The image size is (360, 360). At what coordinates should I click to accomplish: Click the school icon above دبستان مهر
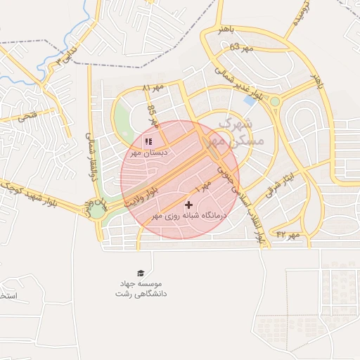coord(148,141)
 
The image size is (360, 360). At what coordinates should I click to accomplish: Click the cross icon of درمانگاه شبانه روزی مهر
coord(188,205)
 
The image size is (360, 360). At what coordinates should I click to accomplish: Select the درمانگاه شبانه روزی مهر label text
coord(188,216)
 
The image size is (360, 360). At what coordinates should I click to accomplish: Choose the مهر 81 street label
coord(152,89)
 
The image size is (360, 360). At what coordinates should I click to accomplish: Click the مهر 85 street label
coord(152,117)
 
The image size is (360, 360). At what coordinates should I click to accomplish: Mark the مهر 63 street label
coord(240,47)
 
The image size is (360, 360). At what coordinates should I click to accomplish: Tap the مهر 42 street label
coord(288,233)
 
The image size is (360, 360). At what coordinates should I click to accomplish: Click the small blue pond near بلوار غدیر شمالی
coord(249,101)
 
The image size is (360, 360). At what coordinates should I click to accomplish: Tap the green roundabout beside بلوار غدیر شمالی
coord(274,102)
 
